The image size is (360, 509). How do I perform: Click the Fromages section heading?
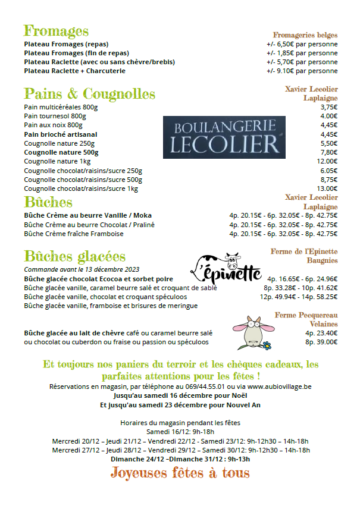coord(56,31)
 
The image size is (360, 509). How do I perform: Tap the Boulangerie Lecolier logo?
coord(224,137)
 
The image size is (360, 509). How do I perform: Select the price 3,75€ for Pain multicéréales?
coord(328,107)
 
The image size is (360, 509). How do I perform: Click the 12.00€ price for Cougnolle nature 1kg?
coord(327,161)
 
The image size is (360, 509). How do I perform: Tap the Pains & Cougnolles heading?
coord(89,94)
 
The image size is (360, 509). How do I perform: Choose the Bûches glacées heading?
coord(74,256)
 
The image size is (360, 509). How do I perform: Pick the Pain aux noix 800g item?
coord(53,125)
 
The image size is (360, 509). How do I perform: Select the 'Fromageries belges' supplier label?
coord(305,35)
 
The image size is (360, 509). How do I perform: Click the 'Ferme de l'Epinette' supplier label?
coord(304,252)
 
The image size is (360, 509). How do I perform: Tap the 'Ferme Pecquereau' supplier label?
coord(306,315)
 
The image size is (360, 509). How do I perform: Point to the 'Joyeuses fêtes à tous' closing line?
coord(180,473)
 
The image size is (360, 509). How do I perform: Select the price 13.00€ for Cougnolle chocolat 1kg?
coord(327,188)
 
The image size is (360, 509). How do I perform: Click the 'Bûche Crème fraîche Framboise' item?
coord(74,234)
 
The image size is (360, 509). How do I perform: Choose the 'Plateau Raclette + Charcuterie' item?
coord(75,71)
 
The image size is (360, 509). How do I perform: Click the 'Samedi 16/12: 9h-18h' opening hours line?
coord(180,432)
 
